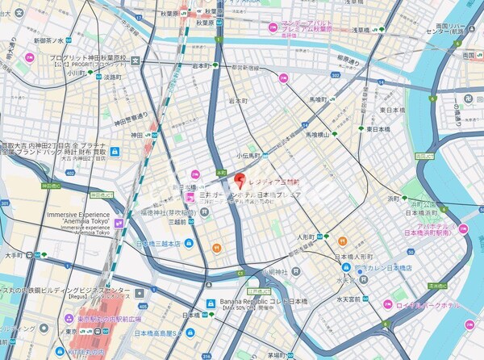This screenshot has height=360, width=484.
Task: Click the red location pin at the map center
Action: pyautogui.click(x=239, y=178)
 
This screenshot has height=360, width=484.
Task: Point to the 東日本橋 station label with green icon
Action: pyautogui.click(x=379, y=129)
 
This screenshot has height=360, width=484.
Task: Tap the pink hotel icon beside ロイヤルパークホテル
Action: pyautogui.click(x=388, y=306)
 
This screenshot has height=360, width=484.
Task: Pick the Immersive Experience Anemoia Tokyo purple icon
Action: pyautogui.click(x=118, y=223)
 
